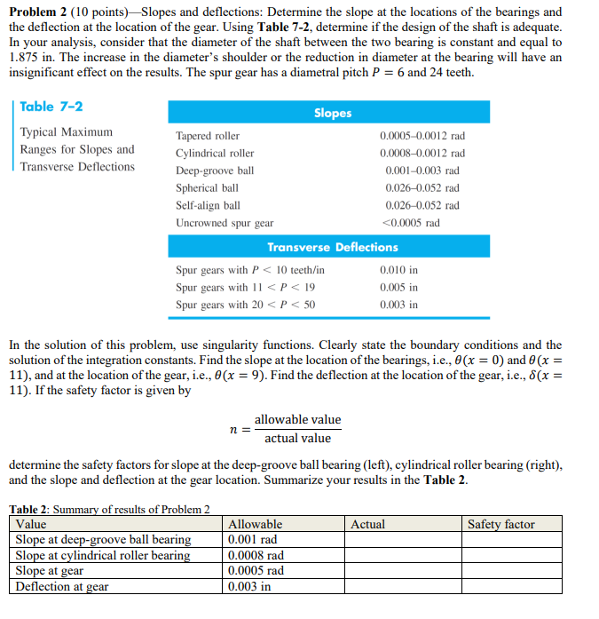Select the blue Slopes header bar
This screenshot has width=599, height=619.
coord(333,113)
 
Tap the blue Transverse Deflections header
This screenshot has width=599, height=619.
coord(333,247)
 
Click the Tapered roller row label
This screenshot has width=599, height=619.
coord(208,136)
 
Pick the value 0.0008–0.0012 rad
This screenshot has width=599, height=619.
coord(422,154)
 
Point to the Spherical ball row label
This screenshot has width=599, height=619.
coord(207,188)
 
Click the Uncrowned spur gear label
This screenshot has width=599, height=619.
coord(225,223)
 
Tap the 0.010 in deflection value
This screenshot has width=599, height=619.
coord(398,270)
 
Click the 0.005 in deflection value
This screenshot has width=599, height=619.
coord(398,288)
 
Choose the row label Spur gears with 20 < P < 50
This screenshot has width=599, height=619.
coord(246,305)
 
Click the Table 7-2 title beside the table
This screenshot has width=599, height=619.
coord(51,107)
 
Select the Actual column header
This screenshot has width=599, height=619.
coord(367,524)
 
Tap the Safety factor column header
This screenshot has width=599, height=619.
coord(501,524)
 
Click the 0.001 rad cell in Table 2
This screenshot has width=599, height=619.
coord(252,539)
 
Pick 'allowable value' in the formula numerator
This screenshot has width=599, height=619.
coord(297,419)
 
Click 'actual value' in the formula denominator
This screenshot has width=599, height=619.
coord(297,438)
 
